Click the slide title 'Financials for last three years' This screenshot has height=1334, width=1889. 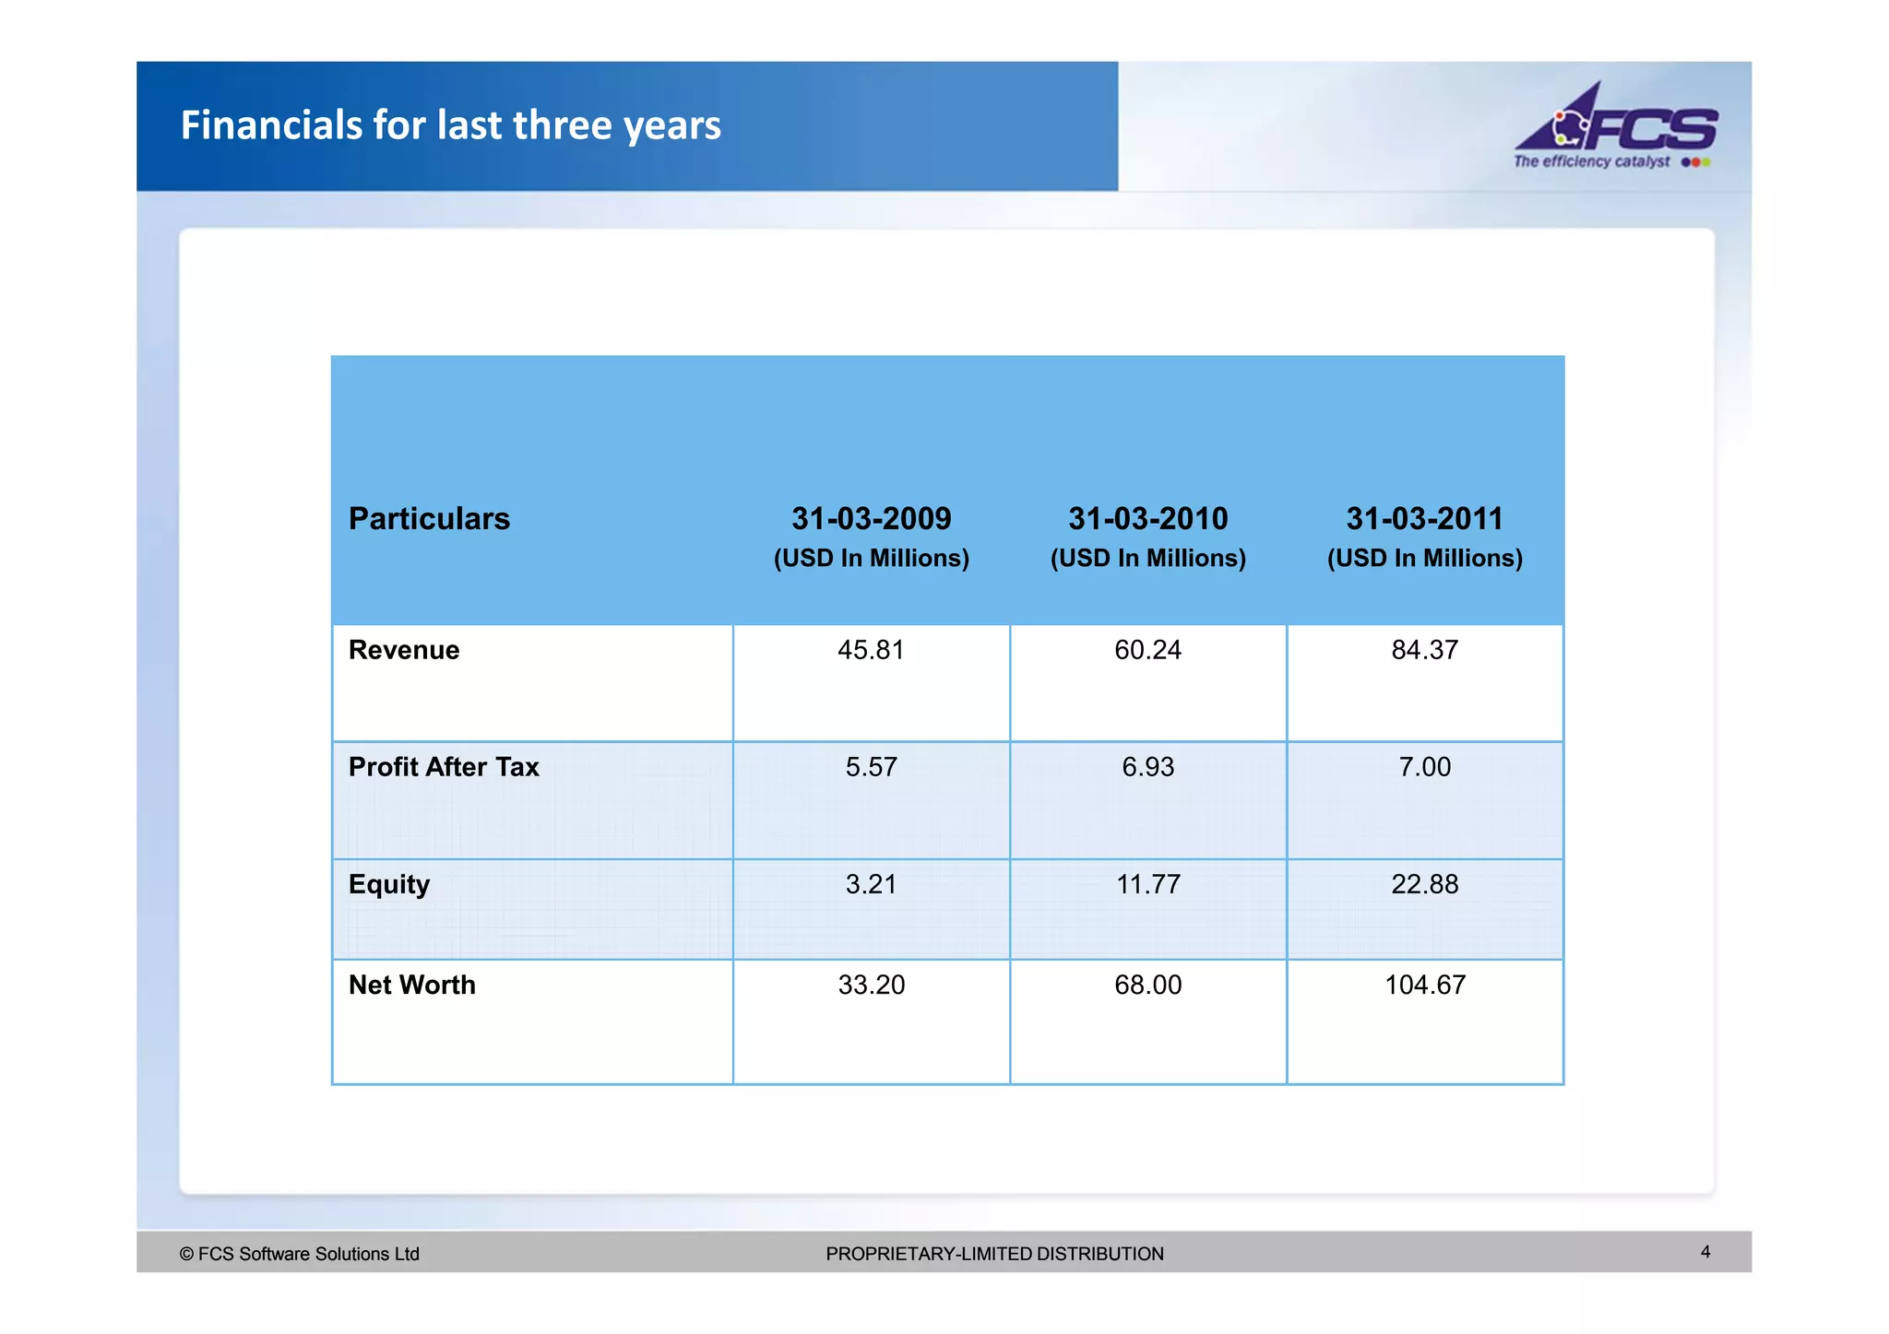[x=450, y=125]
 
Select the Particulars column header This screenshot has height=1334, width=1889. [x=429, y=519]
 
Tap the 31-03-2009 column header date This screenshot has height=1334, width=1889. [x=871, y=519]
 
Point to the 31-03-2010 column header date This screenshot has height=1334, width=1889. [x=1147, y=519]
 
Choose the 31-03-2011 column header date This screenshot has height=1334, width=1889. [x=1424, y=519]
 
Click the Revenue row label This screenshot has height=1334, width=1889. [x=404, y=650]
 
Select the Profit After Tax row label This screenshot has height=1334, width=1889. [x=444, y=767]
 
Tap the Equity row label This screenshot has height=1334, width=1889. [x=389, y=885]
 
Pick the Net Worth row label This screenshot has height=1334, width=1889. [x=412, y=985]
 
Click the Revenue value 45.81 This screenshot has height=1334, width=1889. [x=871, y=650]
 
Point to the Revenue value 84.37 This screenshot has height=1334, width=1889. [x=1424, y=650]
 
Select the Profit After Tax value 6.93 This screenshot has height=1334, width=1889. [x=1147, y=767]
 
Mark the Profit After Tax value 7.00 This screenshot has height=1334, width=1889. [x=1424, y=767]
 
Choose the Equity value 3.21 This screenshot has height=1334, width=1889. [x=871, y=885]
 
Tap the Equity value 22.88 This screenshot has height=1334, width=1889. [x=1424, y=885]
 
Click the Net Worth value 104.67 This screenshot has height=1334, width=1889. [x=1424, y=985]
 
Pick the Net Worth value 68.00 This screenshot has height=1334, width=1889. [x=1147, y=985]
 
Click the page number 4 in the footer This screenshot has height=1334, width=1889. [x=1705, y=1252]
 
